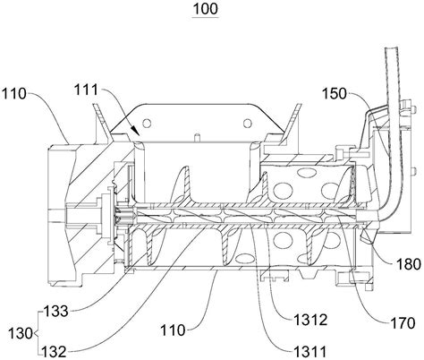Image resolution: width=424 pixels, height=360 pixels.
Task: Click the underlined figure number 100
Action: pos(206,9)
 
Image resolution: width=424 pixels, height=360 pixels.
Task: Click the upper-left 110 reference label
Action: pos(14,94)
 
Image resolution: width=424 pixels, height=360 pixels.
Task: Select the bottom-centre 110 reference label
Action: pos(173,330)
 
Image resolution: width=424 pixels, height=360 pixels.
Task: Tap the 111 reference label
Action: pos(86,90)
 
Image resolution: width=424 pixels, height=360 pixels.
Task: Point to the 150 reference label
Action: pos(335,94)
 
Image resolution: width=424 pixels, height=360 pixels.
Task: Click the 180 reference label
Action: pos(409,264)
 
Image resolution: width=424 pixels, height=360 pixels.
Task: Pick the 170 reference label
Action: pos(403,323)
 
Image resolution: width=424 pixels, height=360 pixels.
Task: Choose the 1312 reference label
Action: pos(310,321)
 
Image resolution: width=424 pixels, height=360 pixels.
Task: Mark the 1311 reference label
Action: pos(310,352)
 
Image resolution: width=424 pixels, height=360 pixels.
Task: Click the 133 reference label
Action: pos(56,312)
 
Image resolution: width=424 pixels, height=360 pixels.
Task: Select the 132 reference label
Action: pos(54,352)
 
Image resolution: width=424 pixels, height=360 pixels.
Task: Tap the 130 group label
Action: pos(21,333)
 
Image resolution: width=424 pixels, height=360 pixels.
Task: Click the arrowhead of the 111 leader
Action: pos(136,131)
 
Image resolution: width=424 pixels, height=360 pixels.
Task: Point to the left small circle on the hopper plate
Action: pos(147,123)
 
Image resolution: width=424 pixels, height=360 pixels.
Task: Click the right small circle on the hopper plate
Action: pos(248,123)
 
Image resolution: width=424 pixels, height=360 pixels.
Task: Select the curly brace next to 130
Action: pos(38,333)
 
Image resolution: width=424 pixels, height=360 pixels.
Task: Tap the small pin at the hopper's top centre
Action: pos(197,138)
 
